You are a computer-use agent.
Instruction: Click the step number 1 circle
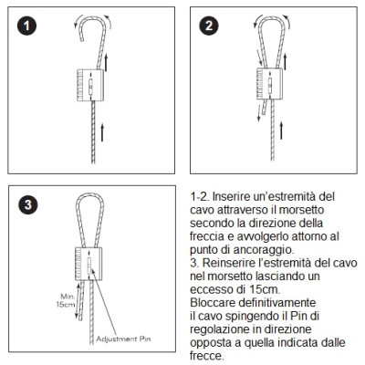26,26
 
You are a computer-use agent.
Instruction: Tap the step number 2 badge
209,26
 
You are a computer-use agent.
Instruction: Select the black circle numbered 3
28,204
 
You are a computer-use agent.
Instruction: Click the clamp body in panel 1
90,85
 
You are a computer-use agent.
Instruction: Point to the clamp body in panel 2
269,84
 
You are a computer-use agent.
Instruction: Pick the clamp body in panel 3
89,264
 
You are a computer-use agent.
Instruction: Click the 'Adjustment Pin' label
123,339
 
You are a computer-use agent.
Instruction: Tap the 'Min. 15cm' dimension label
67,300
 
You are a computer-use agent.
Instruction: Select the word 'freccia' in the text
208,236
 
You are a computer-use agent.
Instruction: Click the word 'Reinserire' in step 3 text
231,263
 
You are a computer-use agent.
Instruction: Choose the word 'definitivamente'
277,303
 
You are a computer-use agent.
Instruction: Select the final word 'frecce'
206,356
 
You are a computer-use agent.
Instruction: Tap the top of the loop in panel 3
89,194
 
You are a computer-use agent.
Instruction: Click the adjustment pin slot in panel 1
90,87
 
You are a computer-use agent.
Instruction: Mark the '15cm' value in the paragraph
264,289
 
